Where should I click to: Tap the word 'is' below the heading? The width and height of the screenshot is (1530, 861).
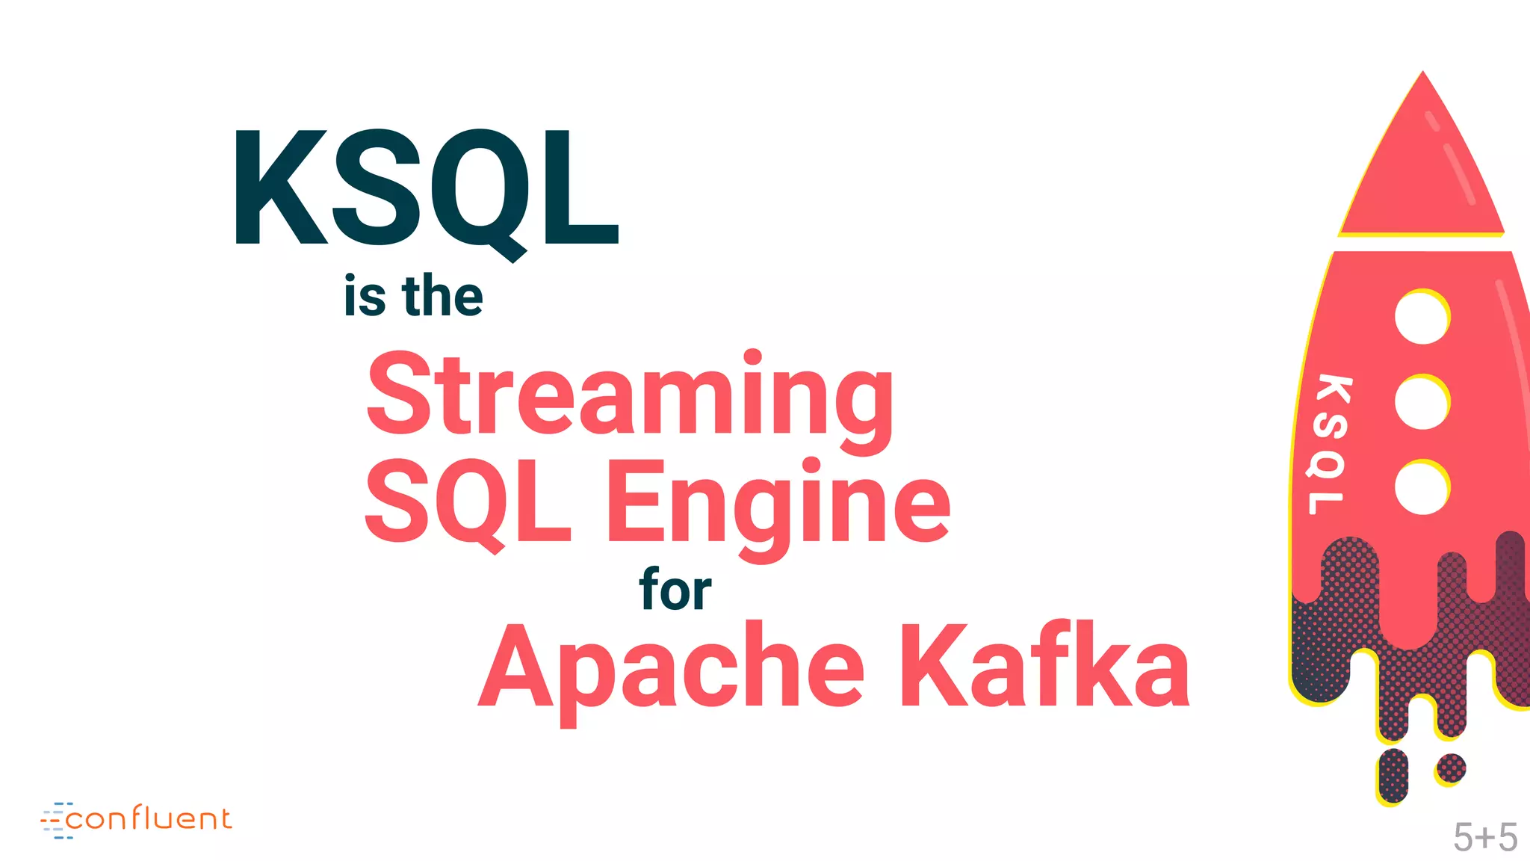pyautogui.click(x=365, y=297)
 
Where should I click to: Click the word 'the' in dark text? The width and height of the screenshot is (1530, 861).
pyautogui.click(x=442, y=297)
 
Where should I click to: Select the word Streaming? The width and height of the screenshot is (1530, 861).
pyautogui.click(x=629, y=396)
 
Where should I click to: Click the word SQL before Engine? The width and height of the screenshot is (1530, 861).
pyautogui.click(x=468, y=502)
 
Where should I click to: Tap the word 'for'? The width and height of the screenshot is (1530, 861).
pyautogui.click(x=675, y=590)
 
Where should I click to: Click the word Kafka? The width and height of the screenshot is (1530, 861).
pyautogui.click(x=1044, y=665)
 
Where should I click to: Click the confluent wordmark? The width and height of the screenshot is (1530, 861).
pyautogui.click(x=149, y=819)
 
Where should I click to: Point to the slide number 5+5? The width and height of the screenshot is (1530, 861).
pyautogui.click(x=1484, y=837)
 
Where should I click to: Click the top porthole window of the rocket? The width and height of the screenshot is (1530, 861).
pyautogui.click(x=1422, y=317)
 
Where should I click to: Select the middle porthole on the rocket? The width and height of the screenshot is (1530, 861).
pyautogui.click(x=1422, y=402)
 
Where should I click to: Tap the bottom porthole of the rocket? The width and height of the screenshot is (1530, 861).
pyautogui.click(x=1422, y=487)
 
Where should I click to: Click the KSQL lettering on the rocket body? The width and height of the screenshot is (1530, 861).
pyautogui.click(x=1329, y=445)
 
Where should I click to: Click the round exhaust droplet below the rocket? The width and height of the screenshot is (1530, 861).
pyautogui.click(x=1451, y=768)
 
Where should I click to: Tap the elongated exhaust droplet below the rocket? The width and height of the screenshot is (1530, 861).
pyautogui.click(x=1393, y=776)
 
